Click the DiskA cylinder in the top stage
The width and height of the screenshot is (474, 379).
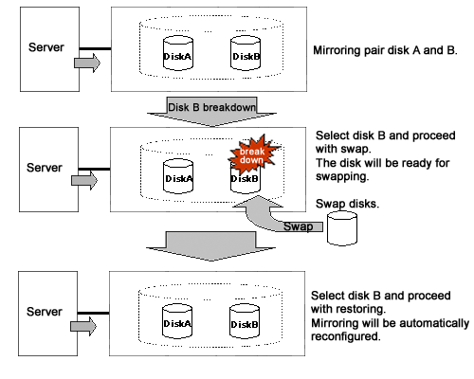coord(178,53)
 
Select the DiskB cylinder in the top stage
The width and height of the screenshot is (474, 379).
coord(246,53)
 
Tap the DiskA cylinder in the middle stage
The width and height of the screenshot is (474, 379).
coord(178,176)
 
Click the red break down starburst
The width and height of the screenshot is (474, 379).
coord(253,154)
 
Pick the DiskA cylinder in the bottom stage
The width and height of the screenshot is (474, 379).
coord(177,321)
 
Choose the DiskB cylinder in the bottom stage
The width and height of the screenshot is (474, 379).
coord(245,321)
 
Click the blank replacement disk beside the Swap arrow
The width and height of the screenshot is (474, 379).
coord(342,228)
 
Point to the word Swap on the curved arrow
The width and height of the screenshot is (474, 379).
coord(298,226)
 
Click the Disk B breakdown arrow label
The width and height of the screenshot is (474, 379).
coord(211,107)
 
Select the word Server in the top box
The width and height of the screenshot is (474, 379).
coord(46,47)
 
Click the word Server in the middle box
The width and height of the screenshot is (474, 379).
coord(45,168)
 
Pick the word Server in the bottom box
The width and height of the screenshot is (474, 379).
coord(45,312)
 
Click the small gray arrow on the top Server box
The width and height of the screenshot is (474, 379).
coord(87,63)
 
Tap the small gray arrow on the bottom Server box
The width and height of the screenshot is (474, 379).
coord(83,326)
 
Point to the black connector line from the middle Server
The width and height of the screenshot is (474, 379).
coord(94,170)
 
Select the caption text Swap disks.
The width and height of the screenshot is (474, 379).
coord(347,204)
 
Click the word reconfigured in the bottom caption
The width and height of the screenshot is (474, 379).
coord(346,336)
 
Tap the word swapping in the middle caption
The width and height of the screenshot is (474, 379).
coord(342,176)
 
